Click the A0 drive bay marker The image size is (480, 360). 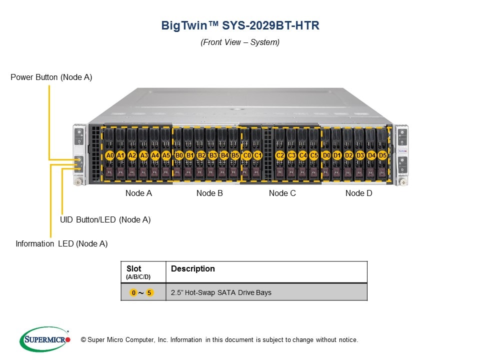(x=110, y=155)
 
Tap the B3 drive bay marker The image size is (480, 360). (x=213, y=155)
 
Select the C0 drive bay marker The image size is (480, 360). (x=247, y=155)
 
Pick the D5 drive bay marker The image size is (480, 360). (x=382, y=155)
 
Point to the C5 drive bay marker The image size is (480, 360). (x=314, y=155)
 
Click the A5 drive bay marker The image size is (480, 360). (x=166, y=155)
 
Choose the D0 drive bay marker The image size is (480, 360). (x=326, y=155)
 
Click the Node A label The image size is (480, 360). (x=138, y=193)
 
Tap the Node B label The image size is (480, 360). (x=209, y=193)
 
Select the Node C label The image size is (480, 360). (x=282, y=193)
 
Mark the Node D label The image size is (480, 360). (x=358, y=193)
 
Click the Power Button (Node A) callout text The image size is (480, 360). (x=51, y=77)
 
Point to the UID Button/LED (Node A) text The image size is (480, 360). (x=105, y=219)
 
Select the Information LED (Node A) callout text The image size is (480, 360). (x=61, y=244)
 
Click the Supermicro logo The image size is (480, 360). (x=44, y=339)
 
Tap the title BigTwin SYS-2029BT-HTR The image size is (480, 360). (x=240, y=25)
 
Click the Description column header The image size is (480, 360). (x=192, y=269)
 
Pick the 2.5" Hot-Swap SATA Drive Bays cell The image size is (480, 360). (x=221, y=292)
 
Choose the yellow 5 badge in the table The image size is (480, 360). (x=149, y=292)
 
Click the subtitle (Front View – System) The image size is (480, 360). (x=240, y=42)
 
